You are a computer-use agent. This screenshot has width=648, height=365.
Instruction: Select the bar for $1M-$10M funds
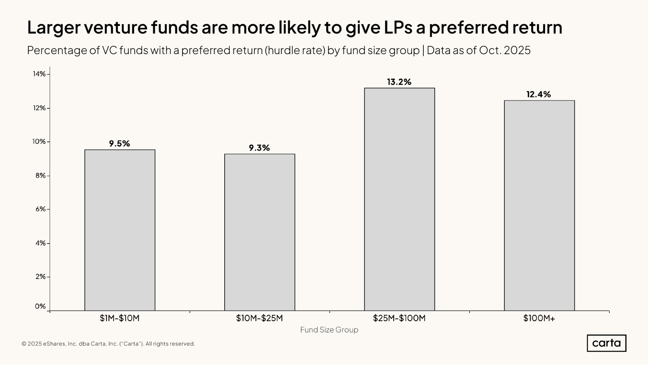point(120,230)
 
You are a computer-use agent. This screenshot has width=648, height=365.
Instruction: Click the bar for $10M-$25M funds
point(260,232)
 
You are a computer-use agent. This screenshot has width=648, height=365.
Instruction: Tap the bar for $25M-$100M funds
point(399,199)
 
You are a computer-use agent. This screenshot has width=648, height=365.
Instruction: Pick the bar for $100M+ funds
point(539,205)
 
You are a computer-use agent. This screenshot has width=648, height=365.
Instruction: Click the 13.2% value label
point(399,82)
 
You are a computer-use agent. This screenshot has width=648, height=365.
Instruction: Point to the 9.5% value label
point(119,144)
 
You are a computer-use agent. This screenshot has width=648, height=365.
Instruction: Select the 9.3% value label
point(259,148)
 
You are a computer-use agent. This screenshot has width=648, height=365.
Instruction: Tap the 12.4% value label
point(538,94)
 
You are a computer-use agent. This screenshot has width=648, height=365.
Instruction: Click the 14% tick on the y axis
point(39,74)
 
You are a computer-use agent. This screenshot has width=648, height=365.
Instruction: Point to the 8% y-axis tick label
point(41,176)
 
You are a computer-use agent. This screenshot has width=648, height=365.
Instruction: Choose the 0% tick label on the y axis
point(40,306)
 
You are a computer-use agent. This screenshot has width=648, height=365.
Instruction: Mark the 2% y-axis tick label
point(41,277)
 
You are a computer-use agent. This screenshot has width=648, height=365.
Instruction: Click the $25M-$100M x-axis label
point(399,318)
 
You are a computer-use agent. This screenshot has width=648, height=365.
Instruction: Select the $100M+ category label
point(539,318)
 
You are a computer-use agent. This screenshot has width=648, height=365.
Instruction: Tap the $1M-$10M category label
point(120,318)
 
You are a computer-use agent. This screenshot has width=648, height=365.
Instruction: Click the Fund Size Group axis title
point(329,330)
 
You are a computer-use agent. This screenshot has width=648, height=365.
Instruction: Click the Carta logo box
point(606,343)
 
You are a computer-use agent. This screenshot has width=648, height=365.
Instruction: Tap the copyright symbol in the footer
point(24,344)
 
